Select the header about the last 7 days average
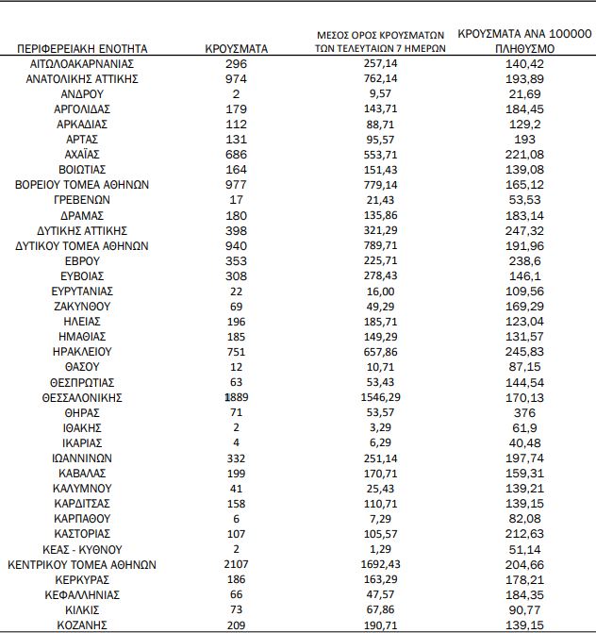380,42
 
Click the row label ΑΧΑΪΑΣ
82,154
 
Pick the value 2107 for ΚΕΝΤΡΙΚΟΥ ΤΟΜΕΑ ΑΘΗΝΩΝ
237,564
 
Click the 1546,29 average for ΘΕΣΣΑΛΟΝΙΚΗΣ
381,397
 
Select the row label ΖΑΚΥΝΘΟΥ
82,306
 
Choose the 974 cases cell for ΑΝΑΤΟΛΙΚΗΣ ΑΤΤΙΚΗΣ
237,78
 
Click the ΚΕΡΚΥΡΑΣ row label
82,579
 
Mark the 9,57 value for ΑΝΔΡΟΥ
381,93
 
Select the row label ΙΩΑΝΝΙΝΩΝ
82,458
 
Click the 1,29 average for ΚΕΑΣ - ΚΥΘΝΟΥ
381,549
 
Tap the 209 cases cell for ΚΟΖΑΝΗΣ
237,625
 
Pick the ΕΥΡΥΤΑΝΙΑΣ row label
82,291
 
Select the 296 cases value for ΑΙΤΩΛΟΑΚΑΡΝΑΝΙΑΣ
237,63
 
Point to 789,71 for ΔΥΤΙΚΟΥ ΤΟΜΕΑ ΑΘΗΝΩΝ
381,245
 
